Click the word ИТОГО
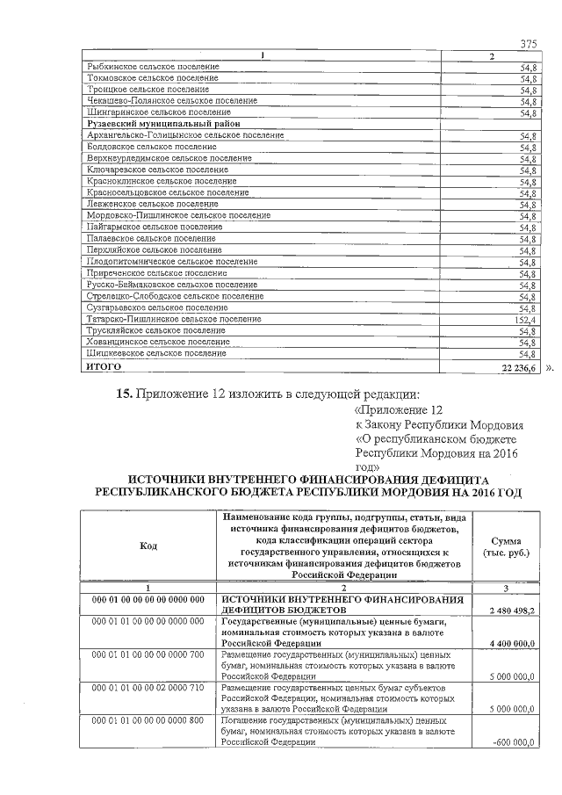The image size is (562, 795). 104,365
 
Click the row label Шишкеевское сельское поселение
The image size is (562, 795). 155,353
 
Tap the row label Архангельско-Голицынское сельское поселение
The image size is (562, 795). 182,136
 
